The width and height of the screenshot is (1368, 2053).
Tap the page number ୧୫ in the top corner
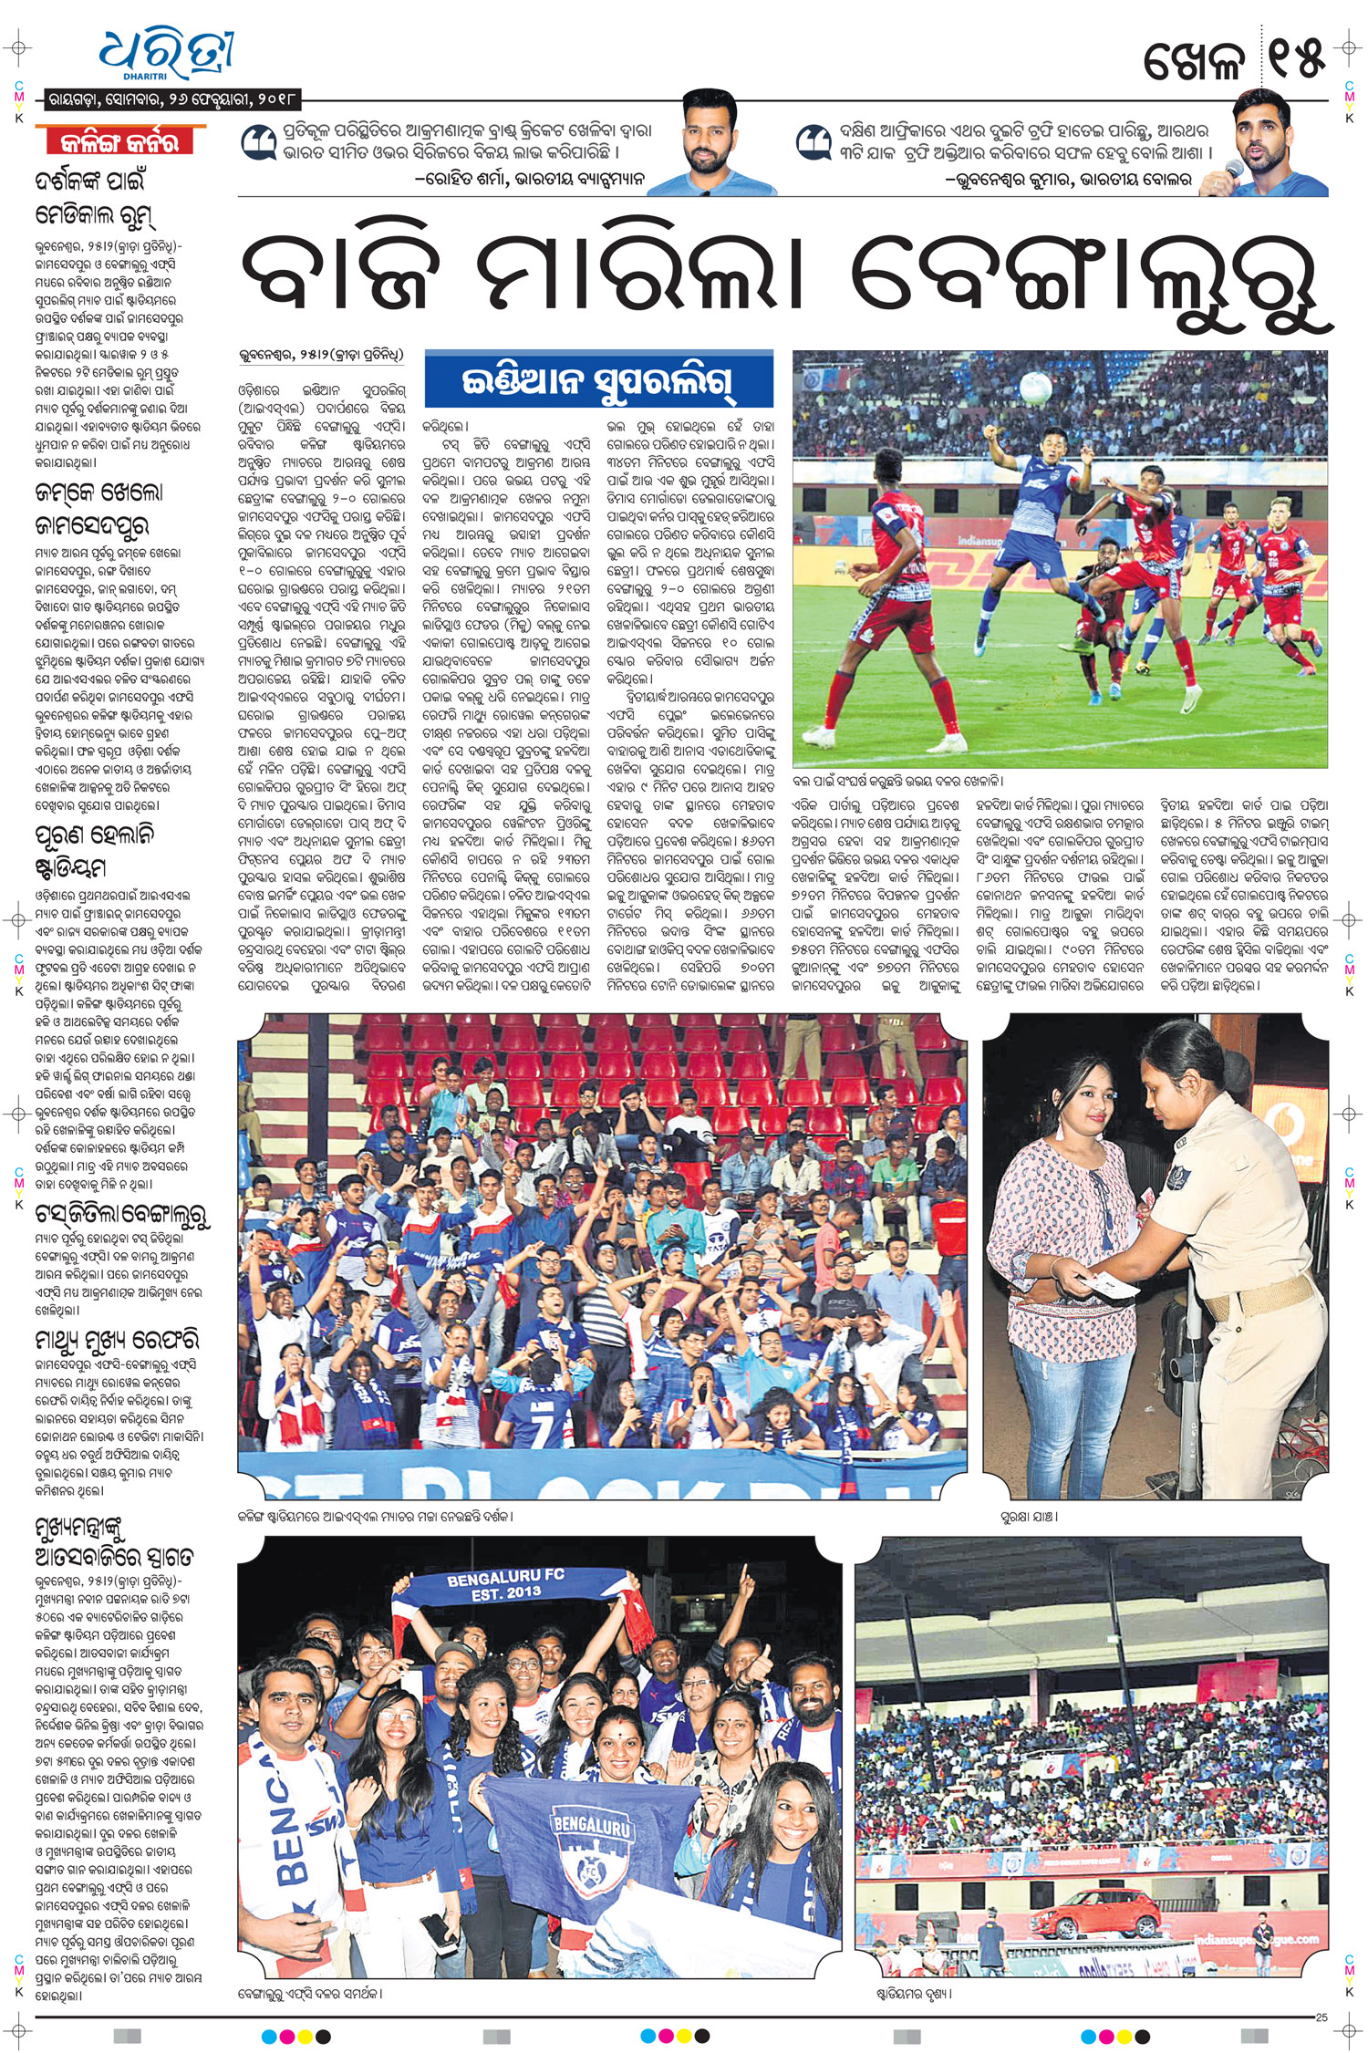click(x=1294, y=59)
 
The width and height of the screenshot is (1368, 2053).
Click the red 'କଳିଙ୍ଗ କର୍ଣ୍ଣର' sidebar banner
click(x=119, y=142)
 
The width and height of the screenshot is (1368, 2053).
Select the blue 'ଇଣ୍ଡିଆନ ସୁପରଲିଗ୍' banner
click(x=598, y=380)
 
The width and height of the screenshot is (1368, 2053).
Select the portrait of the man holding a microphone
click(x=1271, y=142)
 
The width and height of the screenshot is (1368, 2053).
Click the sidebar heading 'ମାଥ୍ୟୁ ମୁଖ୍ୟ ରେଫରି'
click(x=116, y=1340)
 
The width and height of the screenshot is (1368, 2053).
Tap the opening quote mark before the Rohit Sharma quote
click(x=258, y=143)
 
